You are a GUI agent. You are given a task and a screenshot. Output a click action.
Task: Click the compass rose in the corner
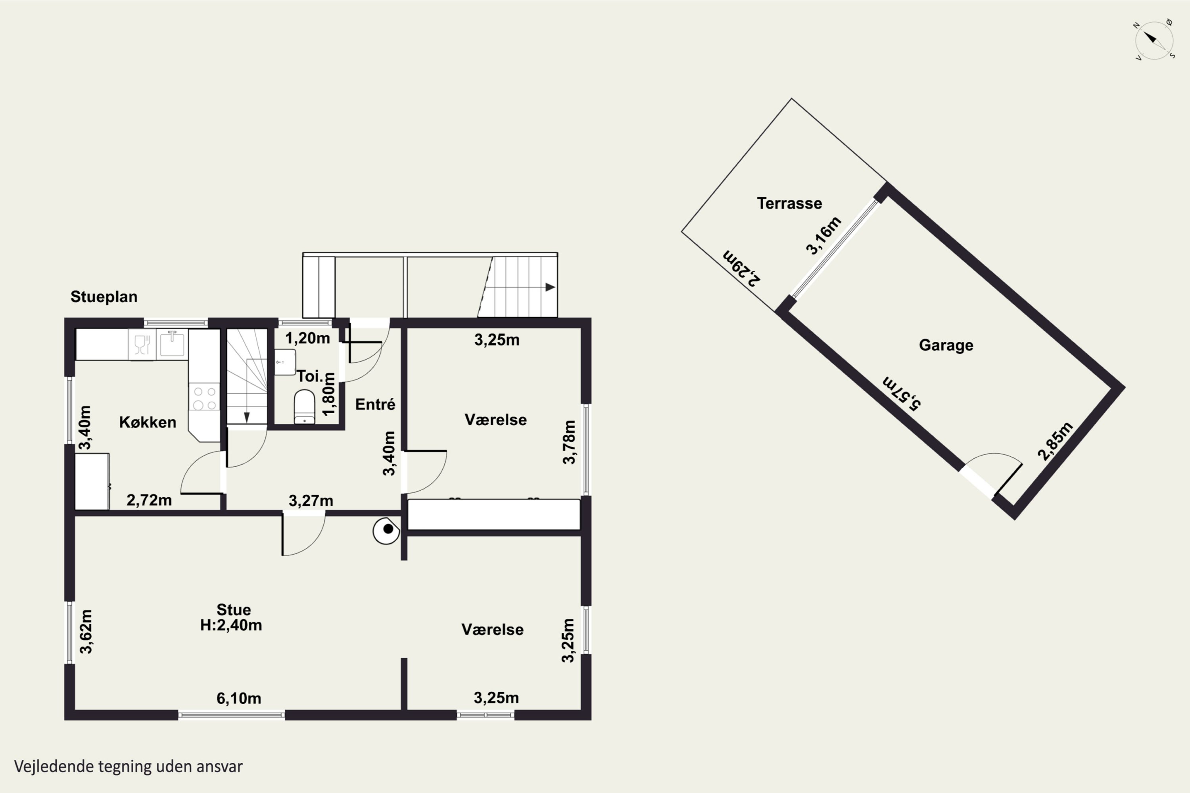coord(1154,40)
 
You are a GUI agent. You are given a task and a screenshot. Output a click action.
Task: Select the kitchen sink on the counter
coord(172,344)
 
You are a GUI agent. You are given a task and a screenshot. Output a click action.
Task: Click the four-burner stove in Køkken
coord(204,398)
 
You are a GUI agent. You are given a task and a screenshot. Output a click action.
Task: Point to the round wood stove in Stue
coord(386,531)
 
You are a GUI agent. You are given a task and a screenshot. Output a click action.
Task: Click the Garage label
coord(946,345)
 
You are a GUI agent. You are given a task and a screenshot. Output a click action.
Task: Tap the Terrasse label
coord(789,203)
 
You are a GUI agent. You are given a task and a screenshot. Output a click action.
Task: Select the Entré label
coord(375,404)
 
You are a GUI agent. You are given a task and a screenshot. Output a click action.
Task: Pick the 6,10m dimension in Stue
coord(239,698)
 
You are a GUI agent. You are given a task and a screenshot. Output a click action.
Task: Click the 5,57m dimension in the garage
coord(902,393)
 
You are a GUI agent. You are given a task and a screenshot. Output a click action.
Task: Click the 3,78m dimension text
coord(569,442)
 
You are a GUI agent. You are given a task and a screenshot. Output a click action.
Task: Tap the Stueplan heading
coord(104,297)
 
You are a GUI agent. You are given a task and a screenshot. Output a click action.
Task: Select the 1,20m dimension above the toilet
coord(308,338)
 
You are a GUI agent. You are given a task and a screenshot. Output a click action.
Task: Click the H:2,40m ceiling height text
coord(231,626)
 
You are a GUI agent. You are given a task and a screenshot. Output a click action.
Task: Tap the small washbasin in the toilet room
coord(285,362)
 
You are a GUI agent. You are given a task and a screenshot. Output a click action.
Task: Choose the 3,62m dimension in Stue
coord(86,632)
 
